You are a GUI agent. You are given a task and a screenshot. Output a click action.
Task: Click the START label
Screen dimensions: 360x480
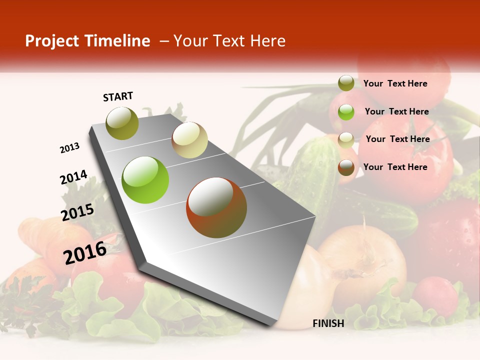point(118,96)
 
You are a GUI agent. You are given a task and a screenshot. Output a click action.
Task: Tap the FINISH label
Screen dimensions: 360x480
point(328,323)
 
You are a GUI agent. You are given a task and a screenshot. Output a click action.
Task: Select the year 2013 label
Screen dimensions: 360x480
point(69,148)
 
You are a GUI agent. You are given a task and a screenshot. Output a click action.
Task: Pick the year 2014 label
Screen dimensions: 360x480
point(73,177)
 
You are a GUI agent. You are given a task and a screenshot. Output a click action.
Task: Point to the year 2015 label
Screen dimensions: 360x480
point(77,212)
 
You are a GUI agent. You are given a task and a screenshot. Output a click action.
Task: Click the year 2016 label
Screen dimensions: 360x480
point(85,252)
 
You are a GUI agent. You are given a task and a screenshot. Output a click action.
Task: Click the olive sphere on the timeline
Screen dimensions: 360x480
point(122,123)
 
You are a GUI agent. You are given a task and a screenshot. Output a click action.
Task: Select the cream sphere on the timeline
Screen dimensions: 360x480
point(189,140)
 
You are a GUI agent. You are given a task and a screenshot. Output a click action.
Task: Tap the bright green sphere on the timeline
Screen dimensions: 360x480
point(145,180)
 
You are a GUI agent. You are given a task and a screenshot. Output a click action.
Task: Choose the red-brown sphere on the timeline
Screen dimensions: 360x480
point(216,207)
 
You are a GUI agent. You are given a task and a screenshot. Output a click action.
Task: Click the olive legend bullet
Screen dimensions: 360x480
point(346,83)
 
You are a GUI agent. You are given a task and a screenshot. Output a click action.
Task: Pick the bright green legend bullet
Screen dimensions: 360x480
point(346,111)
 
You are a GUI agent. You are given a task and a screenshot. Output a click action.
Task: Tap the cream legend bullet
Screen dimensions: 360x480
point(346,139)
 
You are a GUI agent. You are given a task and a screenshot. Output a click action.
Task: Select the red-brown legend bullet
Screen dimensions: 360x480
point(346,167)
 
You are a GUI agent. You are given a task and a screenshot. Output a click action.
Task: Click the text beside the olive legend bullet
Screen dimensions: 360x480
point(395,83)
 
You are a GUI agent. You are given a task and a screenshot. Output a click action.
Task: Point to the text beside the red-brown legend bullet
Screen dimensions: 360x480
point(395,167)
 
